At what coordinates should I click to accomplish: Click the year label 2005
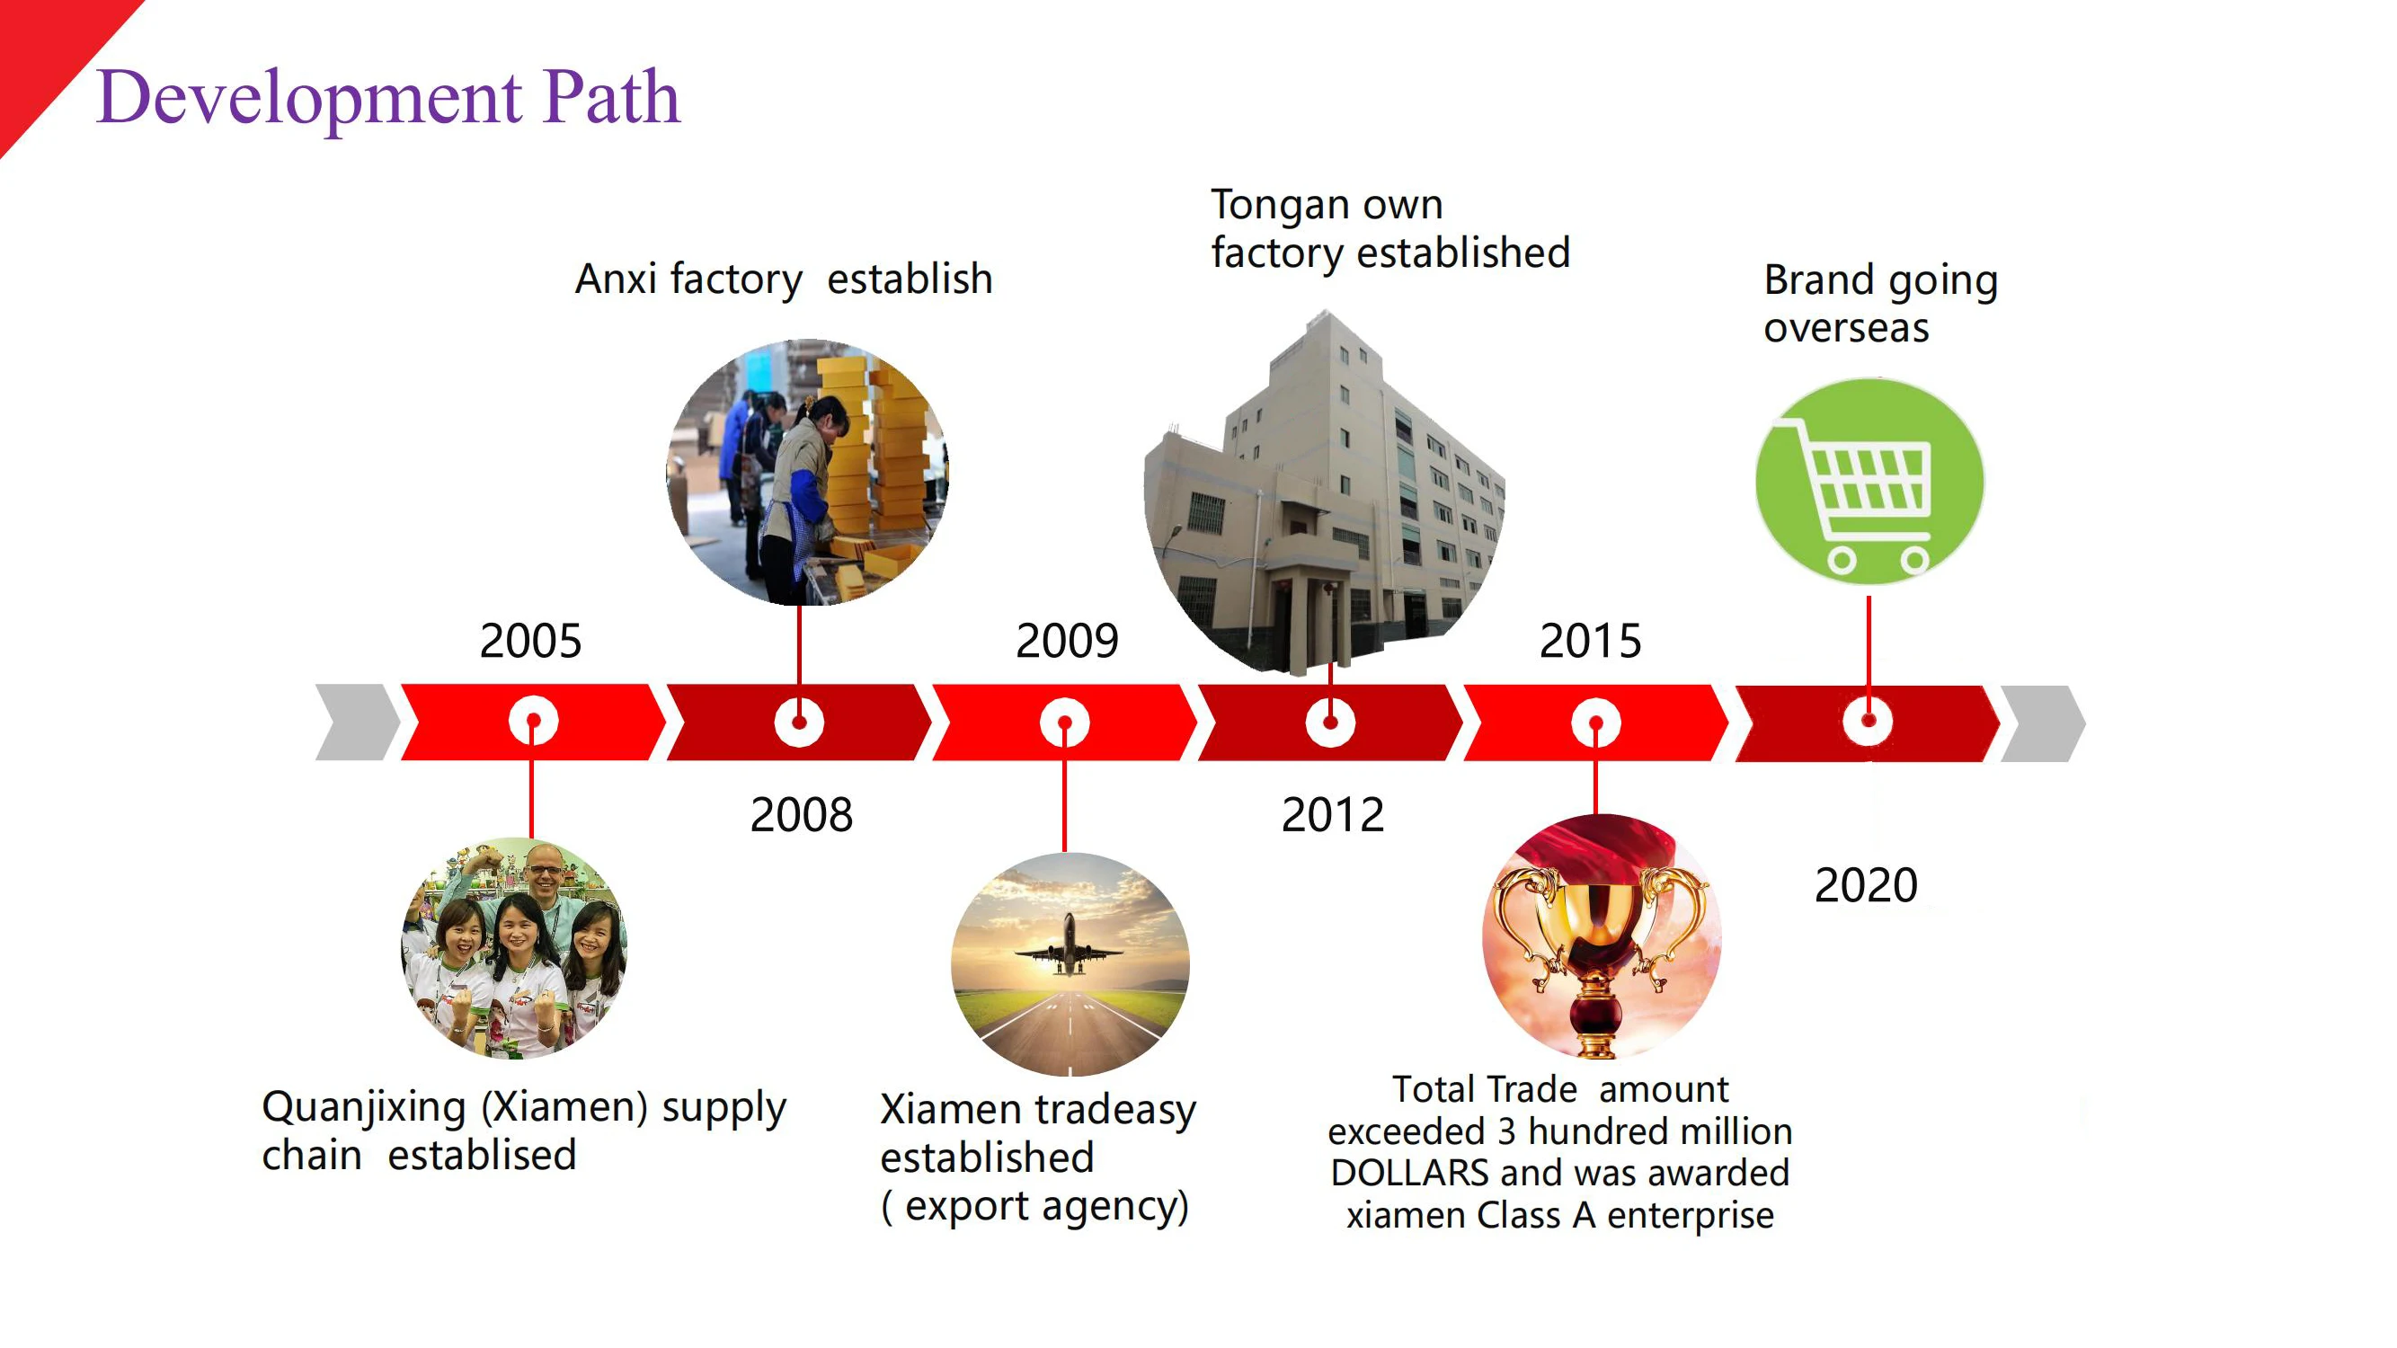530,641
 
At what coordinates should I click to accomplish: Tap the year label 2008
801,815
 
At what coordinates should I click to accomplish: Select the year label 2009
1066,641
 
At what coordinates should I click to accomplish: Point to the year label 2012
1333,815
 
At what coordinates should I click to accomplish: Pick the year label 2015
1590,641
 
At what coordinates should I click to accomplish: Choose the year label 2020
1866,884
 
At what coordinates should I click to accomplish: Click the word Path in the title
611,97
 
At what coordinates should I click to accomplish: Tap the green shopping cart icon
1869,482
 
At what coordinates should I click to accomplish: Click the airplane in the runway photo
1069,946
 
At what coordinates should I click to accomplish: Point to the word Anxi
616,279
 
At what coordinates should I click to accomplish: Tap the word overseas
1846,328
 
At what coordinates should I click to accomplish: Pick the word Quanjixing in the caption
364,1108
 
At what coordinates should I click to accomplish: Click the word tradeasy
1115,1110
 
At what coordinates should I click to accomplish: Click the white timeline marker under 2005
533,722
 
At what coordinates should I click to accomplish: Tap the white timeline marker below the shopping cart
1868,721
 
